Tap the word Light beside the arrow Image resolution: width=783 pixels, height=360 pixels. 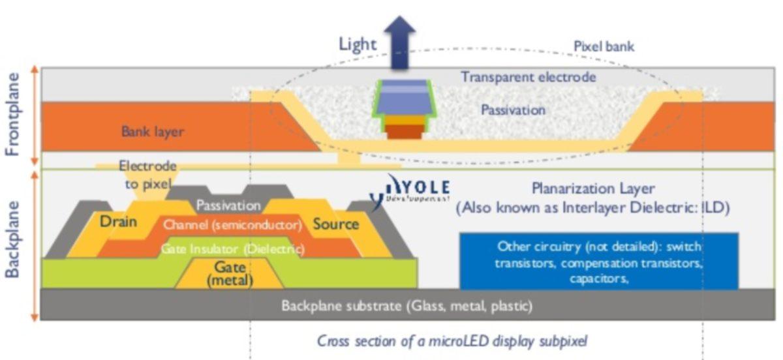[358, 44]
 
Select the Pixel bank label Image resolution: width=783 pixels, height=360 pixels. [604, 46]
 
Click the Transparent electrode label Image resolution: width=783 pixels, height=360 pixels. [529, 77]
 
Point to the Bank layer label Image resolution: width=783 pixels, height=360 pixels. [152, 132]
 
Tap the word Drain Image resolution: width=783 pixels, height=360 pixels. [118, 222]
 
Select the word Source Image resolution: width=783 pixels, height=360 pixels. [335, 224]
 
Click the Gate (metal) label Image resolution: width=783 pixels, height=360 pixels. [229, 274]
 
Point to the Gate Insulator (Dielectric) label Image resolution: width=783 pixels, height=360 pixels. [232, 249]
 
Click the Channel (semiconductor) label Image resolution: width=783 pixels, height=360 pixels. [232, 226]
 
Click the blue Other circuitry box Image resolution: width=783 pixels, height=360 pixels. [598, 261]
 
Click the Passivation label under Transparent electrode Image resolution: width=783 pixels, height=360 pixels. [513, 110]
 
